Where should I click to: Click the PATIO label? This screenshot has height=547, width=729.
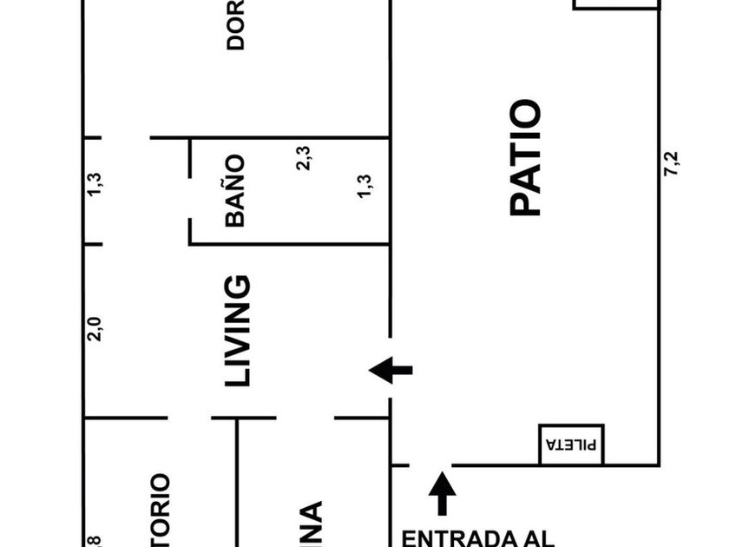pos(526,158)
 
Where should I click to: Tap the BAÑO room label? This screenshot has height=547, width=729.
pos(235,191)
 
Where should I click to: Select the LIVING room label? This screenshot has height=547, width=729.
pos(237,331)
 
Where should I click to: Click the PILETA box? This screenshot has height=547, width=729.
pos(571,445)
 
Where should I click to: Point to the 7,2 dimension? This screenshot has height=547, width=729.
pos(671,165)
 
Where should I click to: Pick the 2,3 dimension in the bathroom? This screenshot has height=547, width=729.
pos(304,158)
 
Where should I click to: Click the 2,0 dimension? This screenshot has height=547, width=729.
pos(95,330)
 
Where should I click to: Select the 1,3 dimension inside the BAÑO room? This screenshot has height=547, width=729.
pos(364,187)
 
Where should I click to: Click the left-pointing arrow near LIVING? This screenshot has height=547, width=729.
pos(391,371)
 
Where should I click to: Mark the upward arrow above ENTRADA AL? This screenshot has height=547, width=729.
pos(443,492)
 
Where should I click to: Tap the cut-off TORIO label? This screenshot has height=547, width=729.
pos(160,509)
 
